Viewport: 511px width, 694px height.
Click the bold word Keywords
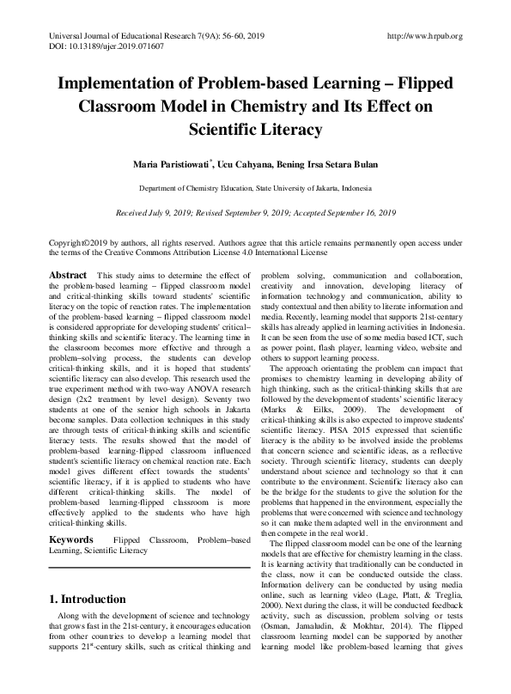point(71,539)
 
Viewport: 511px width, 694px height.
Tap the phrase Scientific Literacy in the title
point(255,131)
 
